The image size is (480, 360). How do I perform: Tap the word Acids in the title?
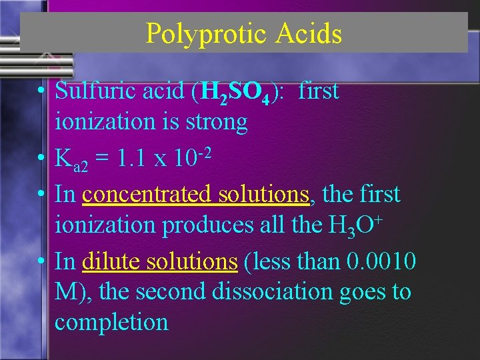pos(306,33)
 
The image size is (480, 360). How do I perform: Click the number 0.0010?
pos(382,261)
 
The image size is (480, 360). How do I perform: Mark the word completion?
pos(111,323)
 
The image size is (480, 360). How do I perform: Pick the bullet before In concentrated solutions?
pos(41,195)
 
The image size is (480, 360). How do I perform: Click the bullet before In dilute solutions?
pos(41,262)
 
